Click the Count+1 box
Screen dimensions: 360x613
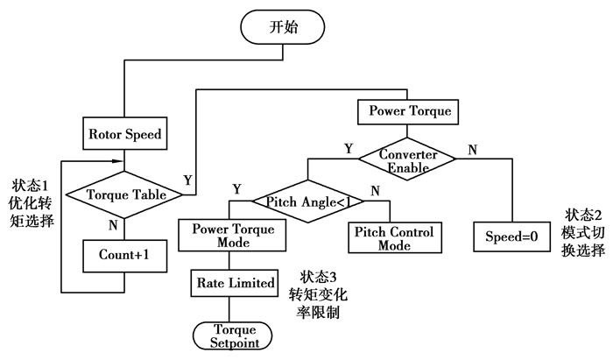123,256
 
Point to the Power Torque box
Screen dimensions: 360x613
409,112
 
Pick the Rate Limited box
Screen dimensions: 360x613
229,283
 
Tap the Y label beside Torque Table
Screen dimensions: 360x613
187,180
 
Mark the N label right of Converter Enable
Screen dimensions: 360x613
472,150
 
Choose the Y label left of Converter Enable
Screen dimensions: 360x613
349,149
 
